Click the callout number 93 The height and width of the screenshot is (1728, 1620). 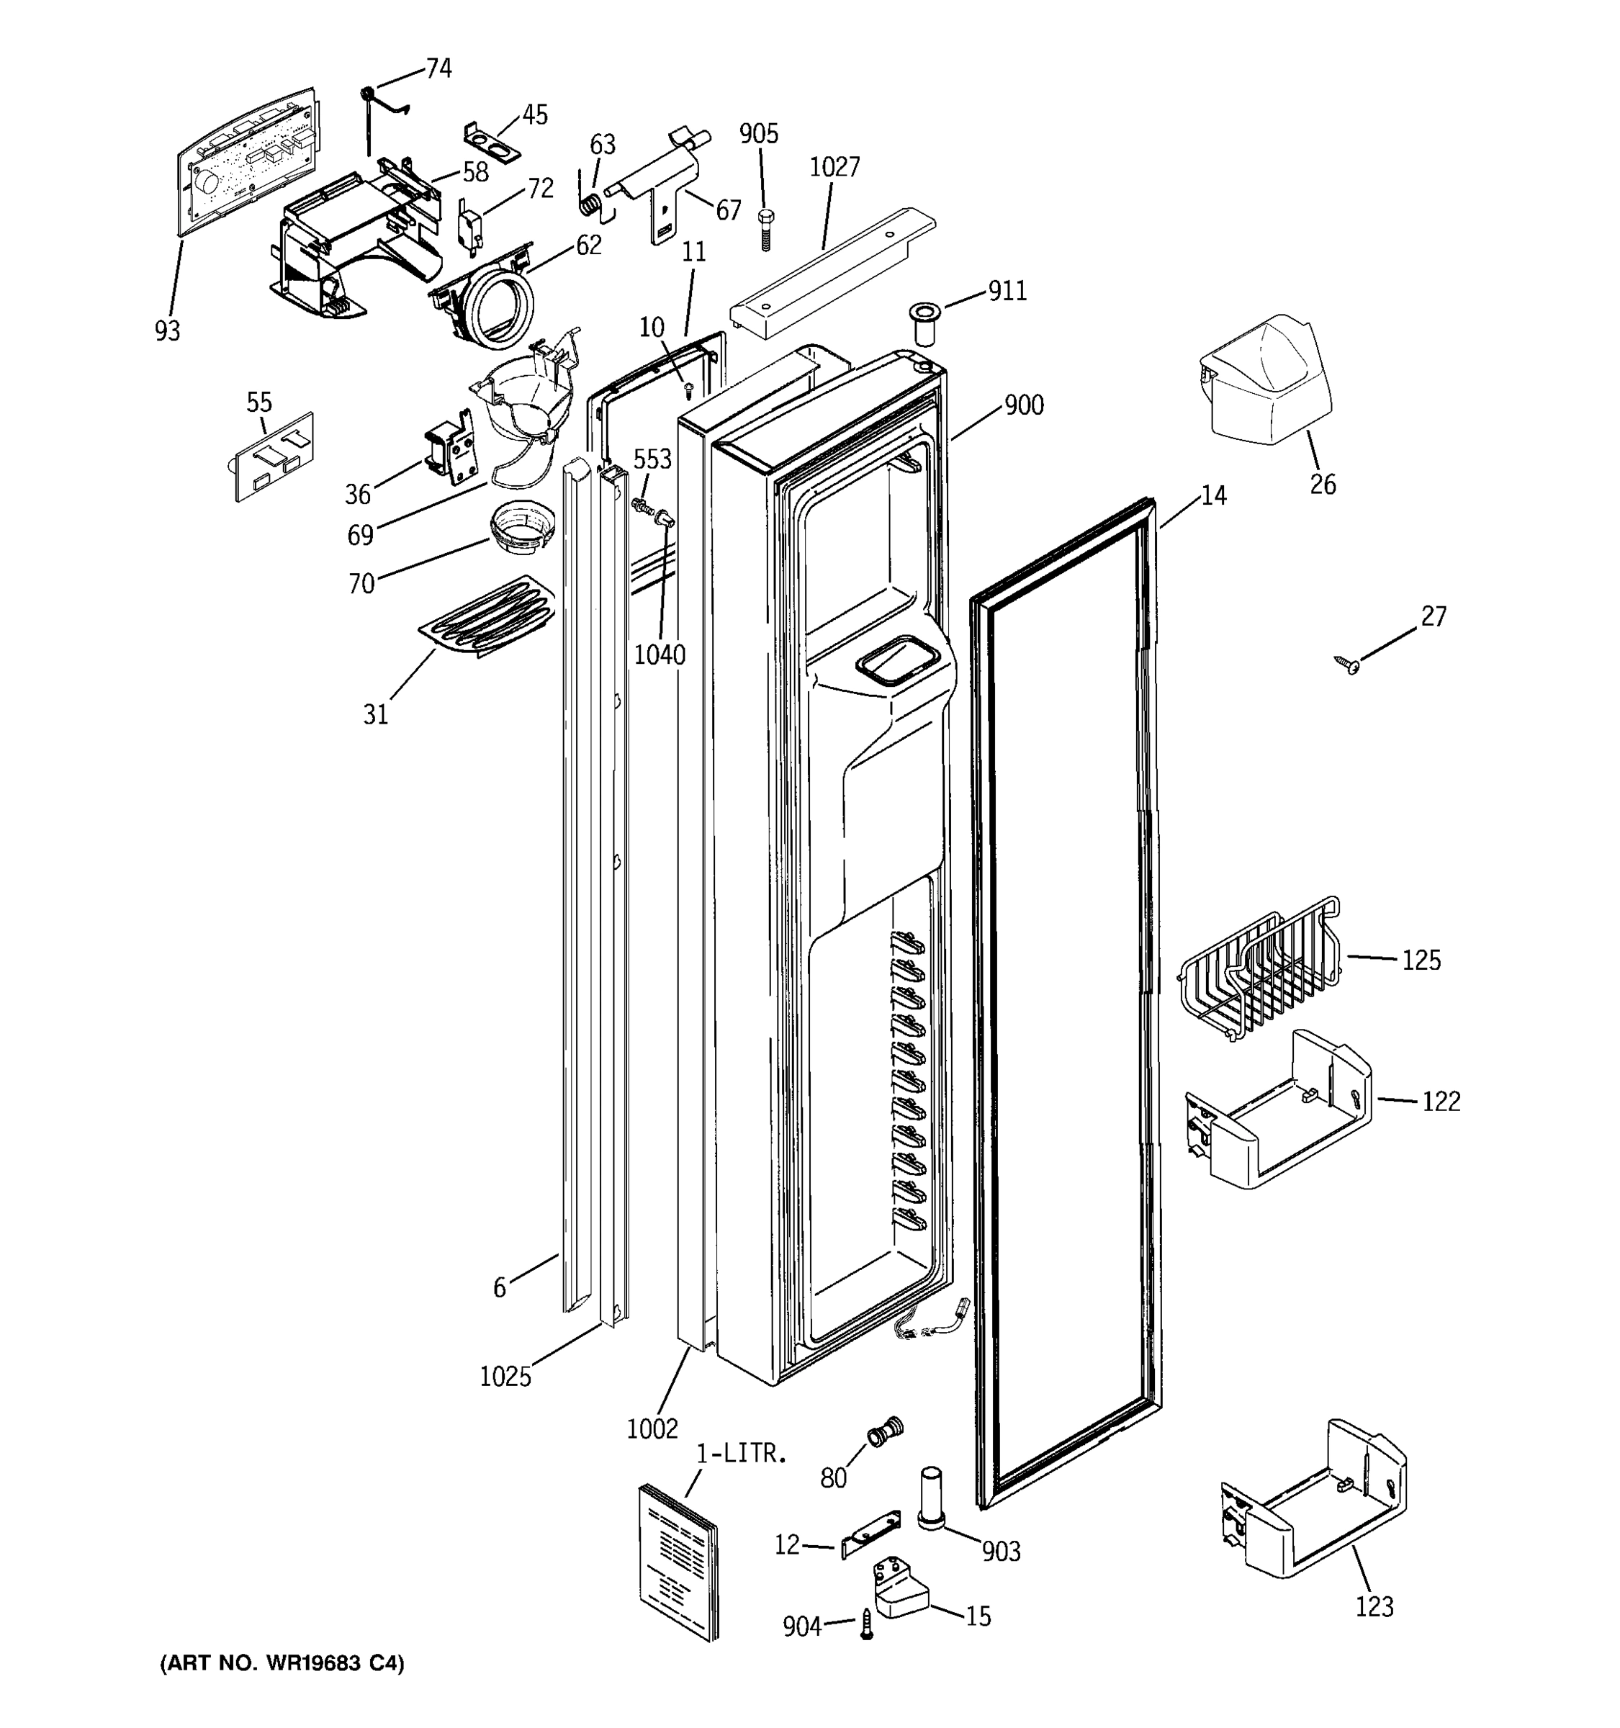coord(168,331)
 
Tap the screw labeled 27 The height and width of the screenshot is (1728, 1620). coord(1349,666)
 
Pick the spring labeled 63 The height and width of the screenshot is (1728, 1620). coord(590,206)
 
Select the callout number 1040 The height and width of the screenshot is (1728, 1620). coord(660,654)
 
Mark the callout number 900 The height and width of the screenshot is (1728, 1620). coord(1024,405)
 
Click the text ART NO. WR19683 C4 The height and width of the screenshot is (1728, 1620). coord(282,1664)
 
